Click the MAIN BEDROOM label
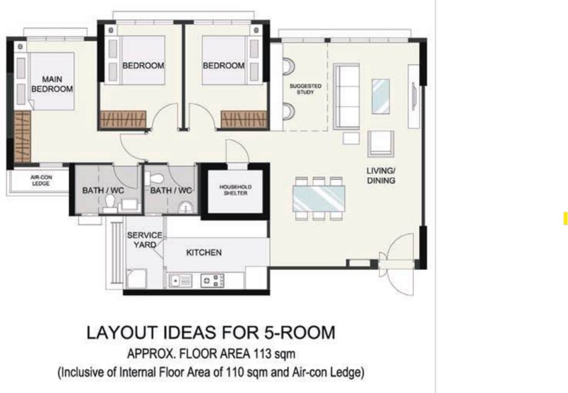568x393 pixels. [52, 84]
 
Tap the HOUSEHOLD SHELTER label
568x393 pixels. [236, 190]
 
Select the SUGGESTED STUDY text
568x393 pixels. [305, 89]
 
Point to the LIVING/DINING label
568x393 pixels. [381, 176]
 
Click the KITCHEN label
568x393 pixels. [204, 252]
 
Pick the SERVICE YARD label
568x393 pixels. [145, 240]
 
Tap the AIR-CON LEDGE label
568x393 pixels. [41, 181]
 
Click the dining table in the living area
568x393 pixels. [319, 198]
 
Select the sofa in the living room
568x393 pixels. [346, 97]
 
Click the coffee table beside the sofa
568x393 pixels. [381, 97]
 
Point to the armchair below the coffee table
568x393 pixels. [381, 144]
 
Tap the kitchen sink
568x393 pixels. [180, 281]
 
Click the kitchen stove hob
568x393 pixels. [212, 281]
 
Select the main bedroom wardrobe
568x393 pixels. [23, 136]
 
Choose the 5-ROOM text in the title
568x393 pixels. [300, 333]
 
